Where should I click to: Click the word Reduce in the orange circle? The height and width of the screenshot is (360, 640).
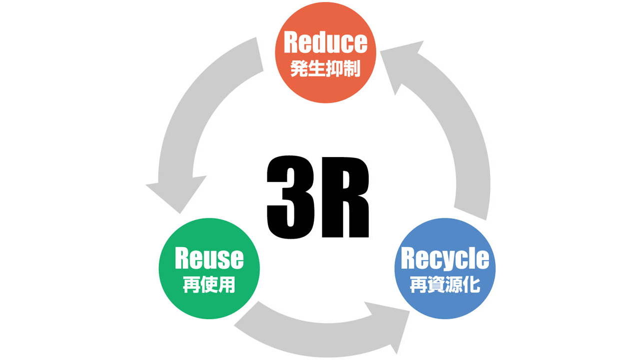point(325,43)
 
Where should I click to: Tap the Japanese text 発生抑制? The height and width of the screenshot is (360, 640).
point(325,69)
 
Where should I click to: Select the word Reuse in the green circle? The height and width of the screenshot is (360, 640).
point(209,258)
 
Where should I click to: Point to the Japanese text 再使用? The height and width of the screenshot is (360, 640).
point(209,285)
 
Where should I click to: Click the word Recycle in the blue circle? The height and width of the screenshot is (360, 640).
point(445,258)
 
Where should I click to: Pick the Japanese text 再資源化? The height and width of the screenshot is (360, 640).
point(445,285)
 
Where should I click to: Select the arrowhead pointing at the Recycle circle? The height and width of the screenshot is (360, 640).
point(390,325)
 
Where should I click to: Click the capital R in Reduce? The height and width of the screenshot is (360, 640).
point(292,43)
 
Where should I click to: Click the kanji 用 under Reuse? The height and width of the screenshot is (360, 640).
point(227,285)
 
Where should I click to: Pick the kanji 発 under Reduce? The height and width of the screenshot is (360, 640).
point(299,69)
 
